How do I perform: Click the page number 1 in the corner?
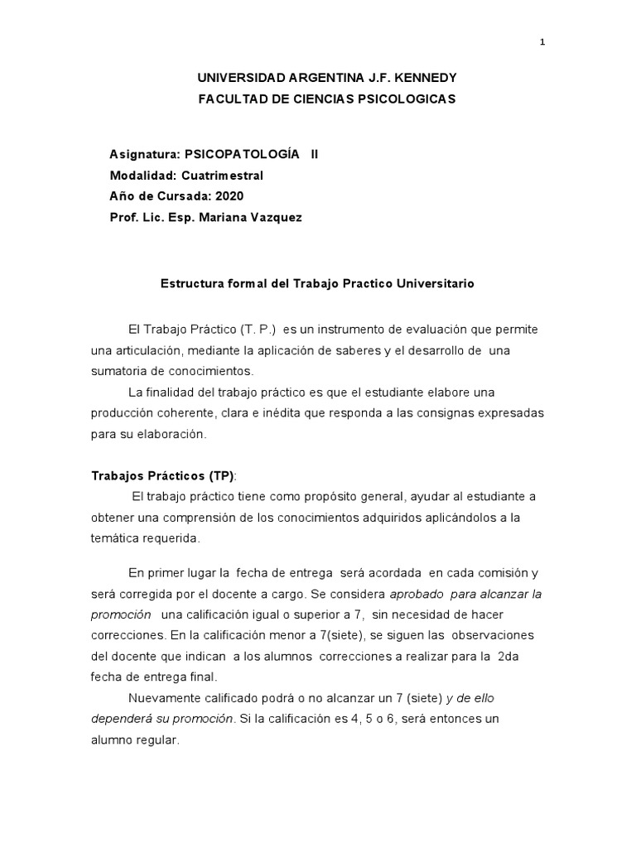(x=542, y=44)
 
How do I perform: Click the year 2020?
(x=228, y=196)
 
